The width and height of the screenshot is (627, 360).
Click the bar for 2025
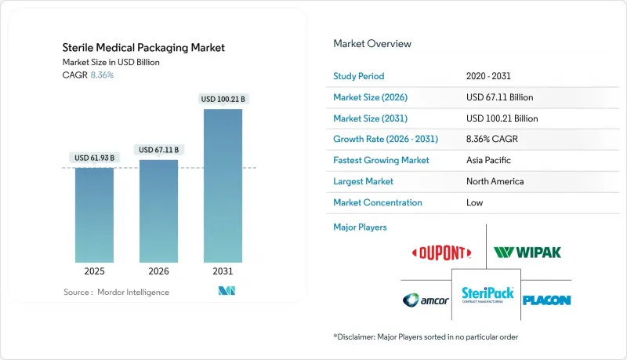[x=94, y=216]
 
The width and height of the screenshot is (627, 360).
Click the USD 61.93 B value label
[x=95, y=158]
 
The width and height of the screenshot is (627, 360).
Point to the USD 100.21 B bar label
[x=223, y=100]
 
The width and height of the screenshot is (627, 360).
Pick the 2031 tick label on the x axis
[x=223, y=272]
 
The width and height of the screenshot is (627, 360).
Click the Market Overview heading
[x=372, y=43]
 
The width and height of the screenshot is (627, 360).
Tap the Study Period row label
[x=360, y=77]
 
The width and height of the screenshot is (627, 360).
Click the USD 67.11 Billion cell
[x=502, y=97]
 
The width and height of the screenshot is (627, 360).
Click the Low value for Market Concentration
[x=474, y=202]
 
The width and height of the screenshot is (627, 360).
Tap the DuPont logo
[x=442, y=252]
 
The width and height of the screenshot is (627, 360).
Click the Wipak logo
[x=527, y=253]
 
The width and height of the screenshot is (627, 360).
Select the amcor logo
[x=426, y=300]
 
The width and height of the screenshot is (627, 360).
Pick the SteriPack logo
[x=487, y=296]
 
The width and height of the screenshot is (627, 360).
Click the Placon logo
[x=546, y=300]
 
